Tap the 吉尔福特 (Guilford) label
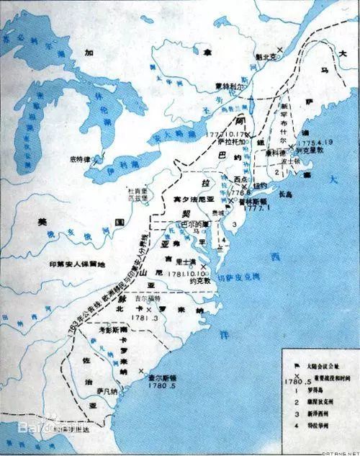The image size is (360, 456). [x=160, y=307]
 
